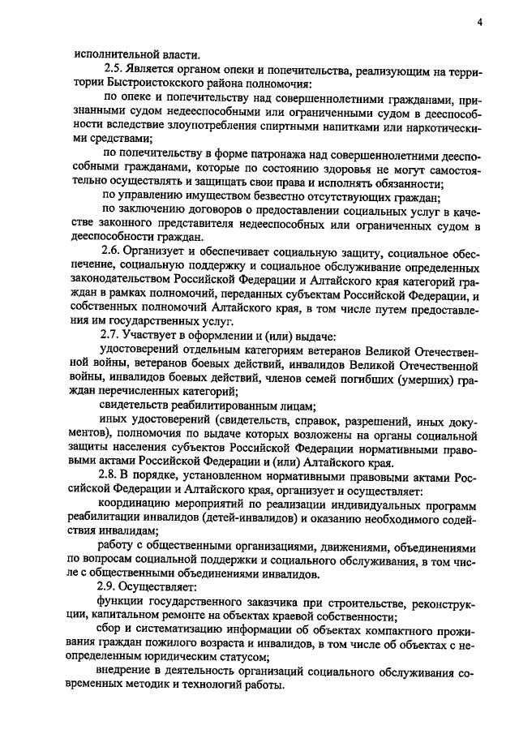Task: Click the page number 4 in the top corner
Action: click(x=479, y=22)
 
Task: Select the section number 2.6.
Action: click(x=108, y=252)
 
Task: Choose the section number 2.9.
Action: click(x=108, y=586)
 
